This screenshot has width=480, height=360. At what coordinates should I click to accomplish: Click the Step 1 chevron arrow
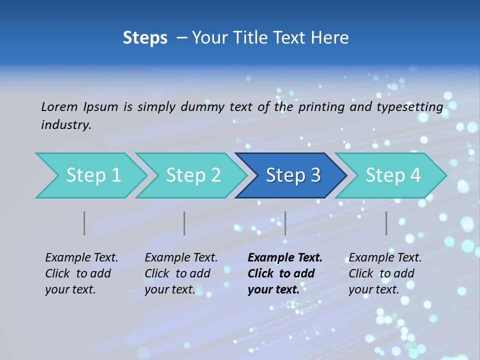[90, 175]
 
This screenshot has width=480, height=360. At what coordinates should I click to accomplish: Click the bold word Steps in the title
[145, 38]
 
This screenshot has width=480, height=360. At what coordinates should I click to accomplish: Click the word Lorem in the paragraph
[59, 106]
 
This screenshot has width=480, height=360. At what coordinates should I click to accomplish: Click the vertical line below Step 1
[84, 223]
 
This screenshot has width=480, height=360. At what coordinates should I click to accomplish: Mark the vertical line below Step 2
[184, 223]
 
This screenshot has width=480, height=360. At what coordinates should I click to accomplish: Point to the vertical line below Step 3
[285, 223]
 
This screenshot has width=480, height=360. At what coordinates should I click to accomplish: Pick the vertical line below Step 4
[386, 223]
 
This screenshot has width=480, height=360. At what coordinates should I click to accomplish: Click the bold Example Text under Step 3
[285, 258]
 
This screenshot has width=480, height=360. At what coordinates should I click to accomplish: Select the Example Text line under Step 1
[81, 258]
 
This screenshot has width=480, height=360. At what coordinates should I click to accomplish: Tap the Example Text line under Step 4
[385, 258]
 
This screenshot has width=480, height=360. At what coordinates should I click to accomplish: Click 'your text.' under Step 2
[170, 290]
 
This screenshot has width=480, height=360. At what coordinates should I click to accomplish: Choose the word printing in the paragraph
[321, 107]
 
